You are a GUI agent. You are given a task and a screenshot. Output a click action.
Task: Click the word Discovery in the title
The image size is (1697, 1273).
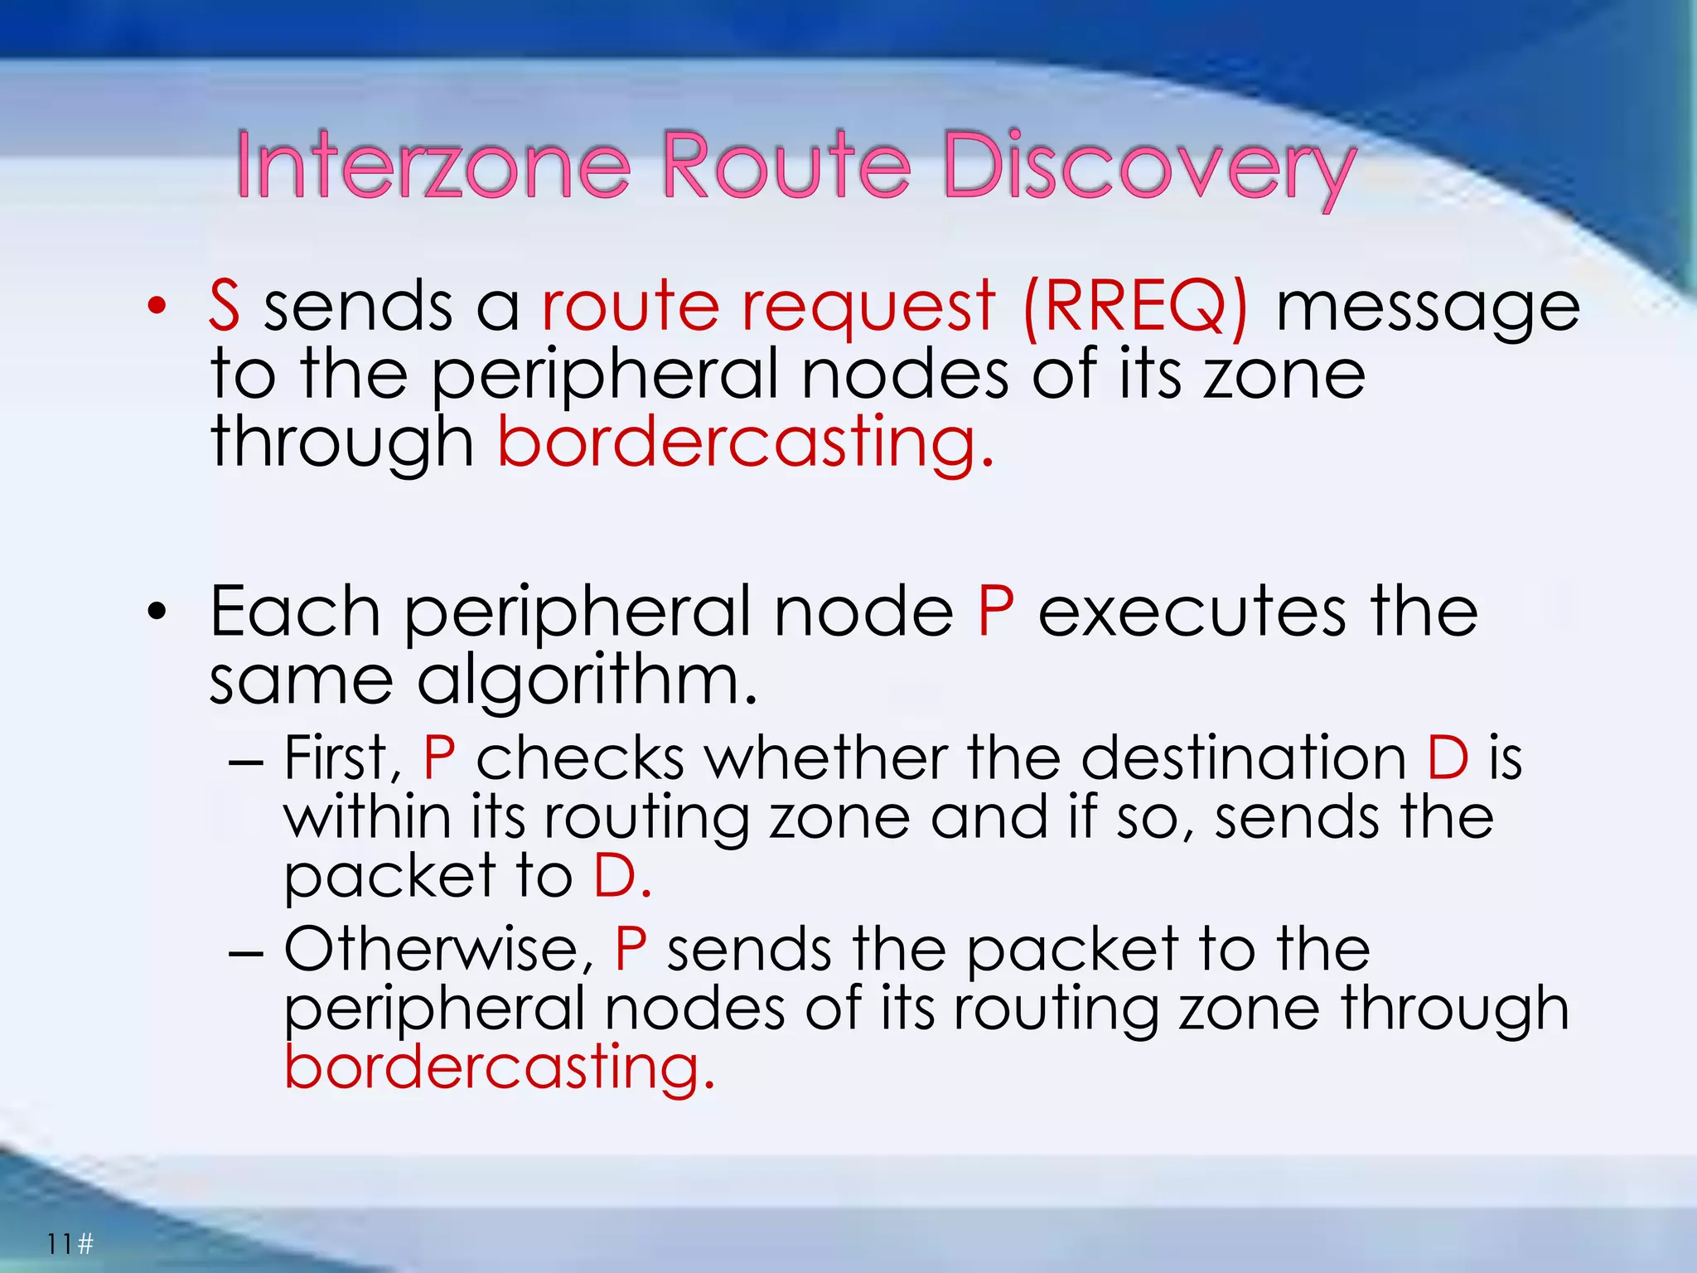[1148, 167]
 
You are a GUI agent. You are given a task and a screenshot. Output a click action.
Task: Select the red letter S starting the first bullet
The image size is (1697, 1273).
[225, 306]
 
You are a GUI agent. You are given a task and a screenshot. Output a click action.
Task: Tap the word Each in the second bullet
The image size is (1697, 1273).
[295, 611]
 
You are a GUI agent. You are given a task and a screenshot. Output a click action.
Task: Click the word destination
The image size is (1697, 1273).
[1244, 758]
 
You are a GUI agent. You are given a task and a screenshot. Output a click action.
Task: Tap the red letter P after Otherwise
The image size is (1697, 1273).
[631, 950]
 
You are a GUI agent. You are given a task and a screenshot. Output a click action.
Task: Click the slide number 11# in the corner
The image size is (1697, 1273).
[70, 1244]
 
